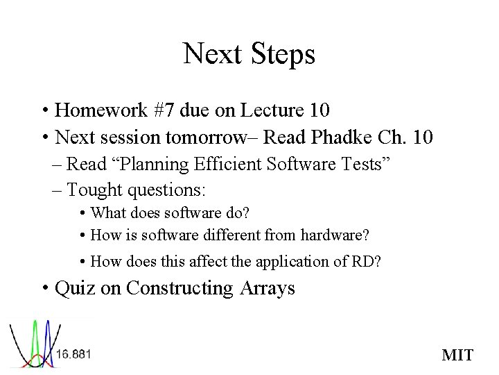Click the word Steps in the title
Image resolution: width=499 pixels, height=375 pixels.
[x=279, y=55]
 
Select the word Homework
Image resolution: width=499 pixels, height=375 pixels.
[x=101, y=110]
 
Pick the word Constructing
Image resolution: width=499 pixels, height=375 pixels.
[x=180, y=287]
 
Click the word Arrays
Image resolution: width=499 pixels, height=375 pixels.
[x=268, y=287]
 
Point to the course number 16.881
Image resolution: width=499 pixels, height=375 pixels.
[x=73, y=354]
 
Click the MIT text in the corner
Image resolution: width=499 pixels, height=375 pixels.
[x=457, y=356]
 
